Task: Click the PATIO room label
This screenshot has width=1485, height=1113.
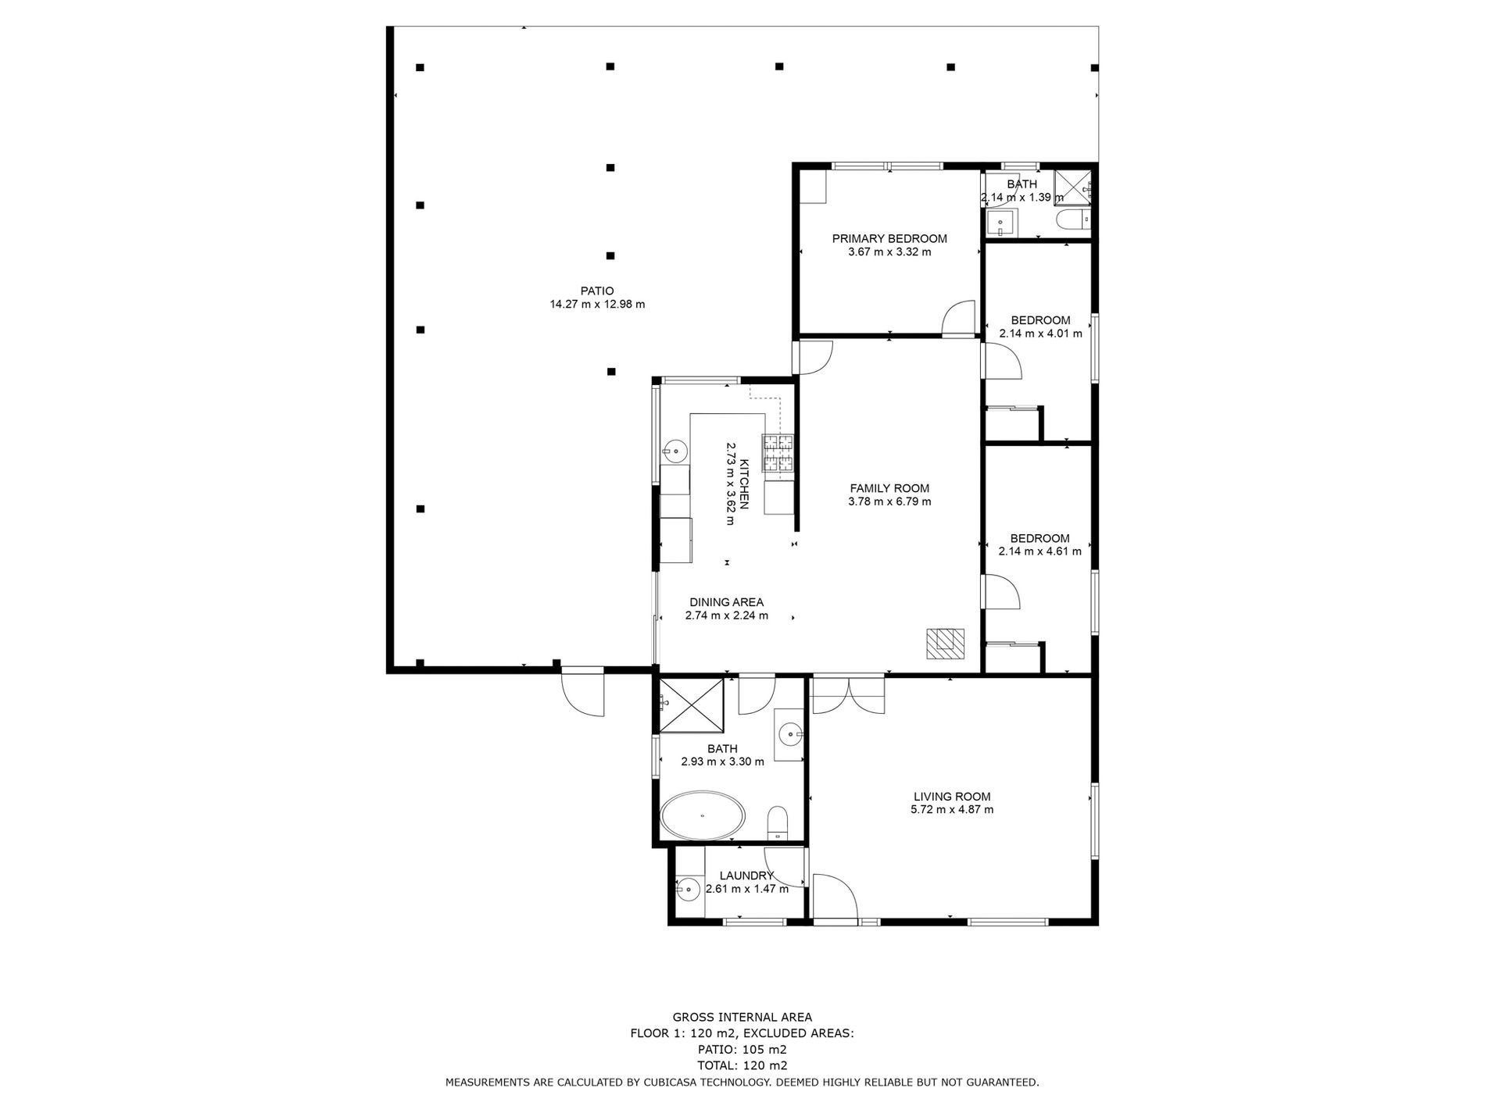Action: pos(597,291)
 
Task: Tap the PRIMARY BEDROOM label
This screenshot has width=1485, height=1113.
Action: pos(889,239)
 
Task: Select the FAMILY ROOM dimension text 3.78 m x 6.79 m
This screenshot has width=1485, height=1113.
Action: pos(889,501)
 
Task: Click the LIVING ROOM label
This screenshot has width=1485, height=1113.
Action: pos(952,797)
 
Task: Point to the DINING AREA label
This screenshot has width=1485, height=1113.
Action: pos(726,602)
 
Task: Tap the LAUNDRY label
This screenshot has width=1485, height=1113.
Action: pos(746,876)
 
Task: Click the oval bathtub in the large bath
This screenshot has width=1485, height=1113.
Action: pos(703,816)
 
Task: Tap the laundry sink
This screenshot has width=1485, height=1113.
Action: pos(688,888)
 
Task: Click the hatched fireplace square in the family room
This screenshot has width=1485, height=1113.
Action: pos(945,644)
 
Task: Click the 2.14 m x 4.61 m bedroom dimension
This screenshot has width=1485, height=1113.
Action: pos(1039,551)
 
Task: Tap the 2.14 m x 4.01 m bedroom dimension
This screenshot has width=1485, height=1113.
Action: pos(1040,334)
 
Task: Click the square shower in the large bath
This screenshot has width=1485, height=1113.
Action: pos(691,705)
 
